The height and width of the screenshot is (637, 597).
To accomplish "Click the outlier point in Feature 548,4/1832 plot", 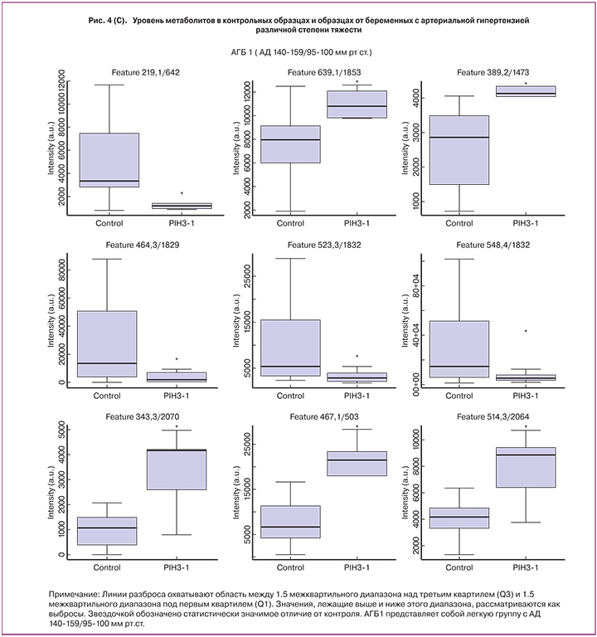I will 526,331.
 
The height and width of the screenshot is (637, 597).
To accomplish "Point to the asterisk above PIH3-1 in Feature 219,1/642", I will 182,194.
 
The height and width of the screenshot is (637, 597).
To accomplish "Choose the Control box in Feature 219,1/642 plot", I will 109,160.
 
